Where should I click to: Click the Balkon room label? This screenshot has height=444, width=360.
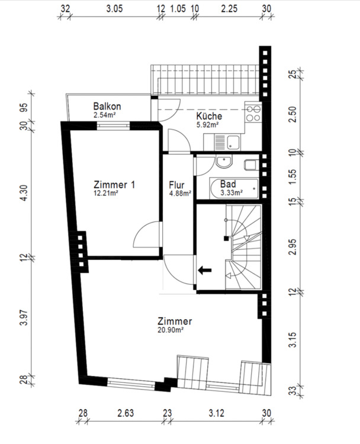pos(107,107)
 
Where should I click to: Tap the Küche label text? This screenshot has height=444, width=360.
pos(209,116)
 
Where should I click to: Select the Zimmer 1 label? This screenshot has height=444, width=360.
pos(114,185)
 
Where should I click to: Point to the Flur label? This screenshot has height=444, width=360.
pos(176,185)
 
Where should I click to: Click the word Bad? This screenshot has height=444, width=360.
pos(228,184)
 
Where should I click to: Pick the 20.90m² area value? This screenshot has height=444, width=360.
pos(171,330)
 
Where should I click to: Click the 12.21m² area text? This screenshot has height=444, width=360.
pos(106,193)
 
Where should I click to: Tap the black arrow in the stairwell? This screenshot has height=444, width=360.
pos(205,270)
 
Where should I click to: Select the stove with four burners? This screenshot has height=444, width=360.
pos(253,113)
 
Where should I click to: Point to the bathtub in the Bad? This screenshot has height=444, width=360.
pos(234,188)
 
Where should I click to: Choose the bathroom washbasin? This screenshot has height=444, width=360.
pos(224,162)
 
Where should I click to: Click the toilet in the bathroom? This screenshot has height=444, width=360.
pos(252,165)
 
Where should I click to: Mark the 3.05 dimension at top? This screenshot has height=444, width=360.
pos(114,9)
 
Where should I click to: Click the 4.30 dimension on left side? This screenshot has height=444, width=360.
pos(24,193)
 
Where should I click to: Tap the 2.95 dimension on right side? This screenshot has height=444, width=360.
pos(293,247)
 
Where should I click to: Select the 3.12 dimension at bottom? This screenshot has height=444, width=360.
pos(217,413)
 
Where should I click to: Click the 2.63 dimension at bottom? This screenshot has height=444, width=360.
pos(126,413)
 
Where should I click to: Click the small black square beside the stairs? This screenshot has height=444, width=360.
pos(226,239)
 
